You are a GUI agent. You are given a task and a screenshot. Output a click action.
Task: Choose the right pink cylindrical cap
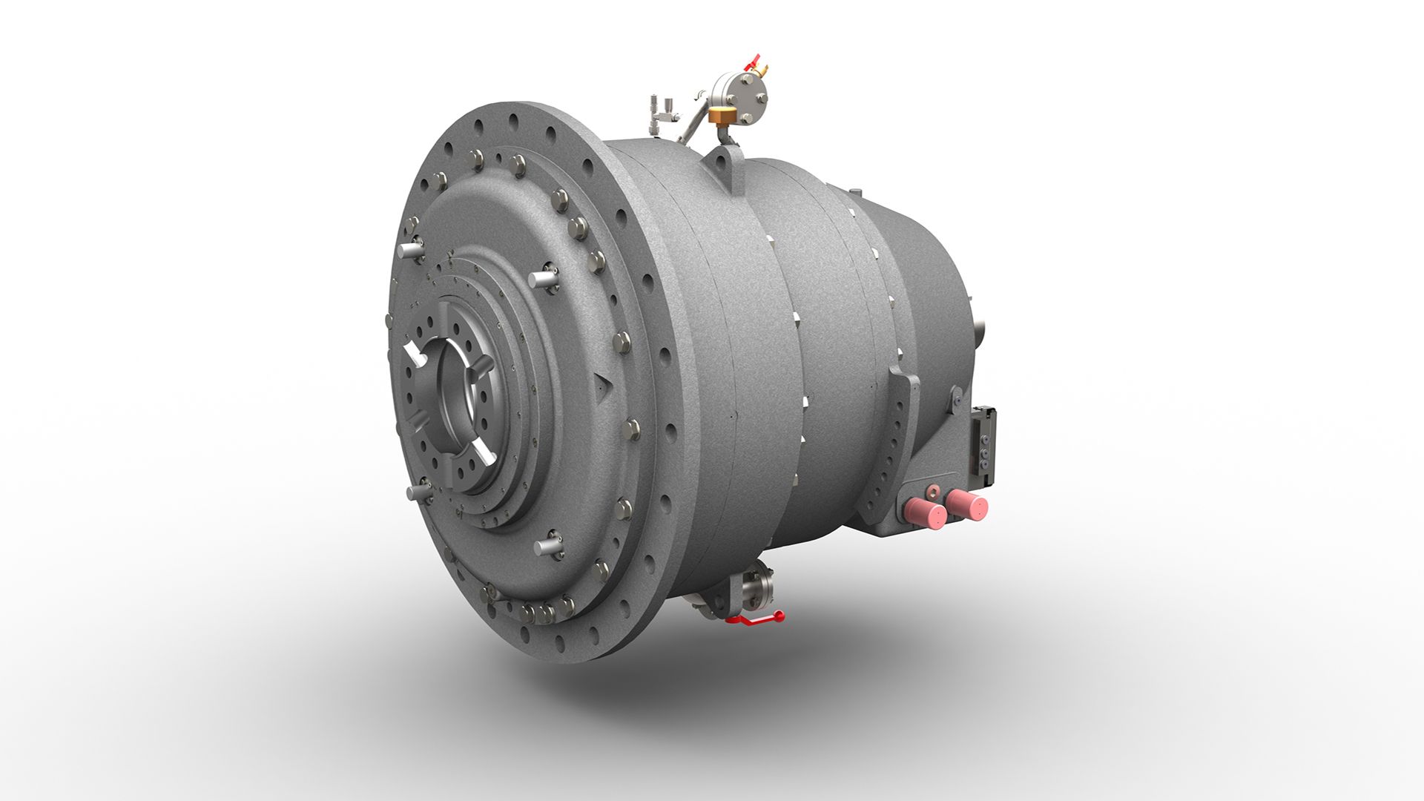click(968, 506)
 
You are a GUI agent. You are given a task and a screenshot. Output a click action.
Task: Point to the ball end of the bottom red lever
click(779, 614)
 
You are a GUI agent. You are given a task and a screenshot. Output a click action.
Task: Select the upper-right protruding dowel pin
click(544, 277)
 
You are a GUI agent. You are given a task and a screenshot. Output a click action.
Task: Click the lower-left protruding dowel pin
click(418, 492)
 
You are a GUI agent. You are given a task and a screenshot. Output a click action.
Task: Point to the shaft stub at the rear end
click(980, 326)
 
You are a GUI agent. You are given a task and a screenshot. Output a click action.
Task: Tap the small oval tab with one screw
click(957, 397)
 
